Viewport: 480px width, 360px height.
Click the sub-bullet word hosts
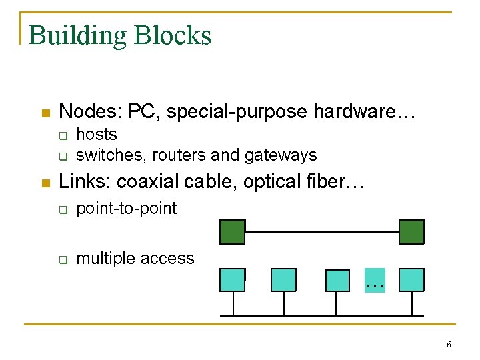point(97,135)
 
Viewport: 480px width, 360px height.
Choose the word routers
point(179,155)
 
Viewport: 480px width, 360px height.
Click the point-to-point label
point(127,209)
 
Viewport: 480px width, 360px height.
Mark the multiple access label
point(135,259)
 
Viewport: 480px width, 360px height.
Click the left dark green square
point(233,232)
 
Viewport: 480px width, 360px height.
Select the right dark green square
point(411,232)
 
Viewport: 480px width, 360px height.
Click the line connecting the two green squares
point(322,232)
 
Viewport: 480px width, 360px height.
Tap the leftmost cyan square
point(232,280)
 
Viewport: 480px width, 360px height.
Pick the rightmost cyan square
point(411,280)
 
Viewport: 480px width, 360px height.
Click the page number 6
point(449,345)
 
